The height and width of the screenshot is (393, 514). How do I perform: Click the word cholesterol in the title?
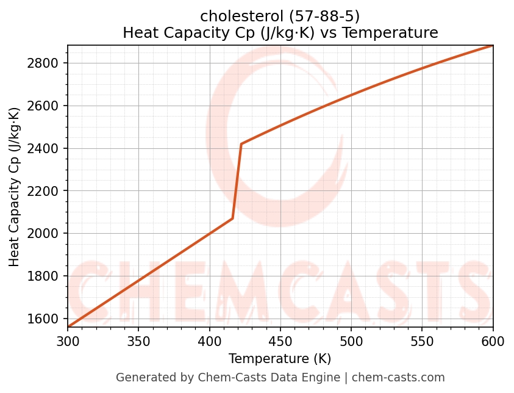(238, 16)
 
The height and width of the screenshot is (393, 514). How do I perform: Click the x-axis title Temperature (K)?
(280, 359)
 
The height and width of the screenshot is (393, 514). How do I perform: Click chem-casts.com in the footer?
(398, 378)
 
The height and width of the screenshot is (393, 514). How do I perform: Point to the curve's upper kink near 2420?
(241, 144)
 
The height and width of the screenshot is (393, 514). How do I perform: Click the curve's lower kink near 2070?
(233, 218)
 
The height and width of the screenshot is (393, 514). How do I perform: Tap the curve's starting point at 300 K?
(68, 326)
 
